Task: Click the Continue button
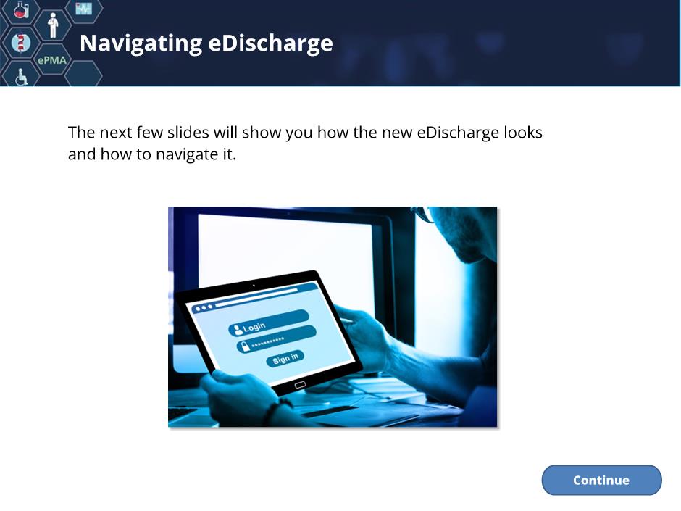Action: (x=601, y=480)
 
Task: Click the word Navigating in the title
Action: (x=141, y=44)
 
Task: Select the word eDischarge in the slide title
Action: (x=270, y=43)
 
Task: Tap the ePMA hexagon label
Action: (x=52, y=60)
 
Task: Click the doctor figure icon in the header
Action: (x=53, y=25)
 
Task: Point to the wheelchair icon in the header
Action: (x=21, y=77)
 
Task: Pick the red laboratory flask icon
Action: (x=20, y=9)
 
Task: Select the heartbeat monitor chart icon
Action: (x=84, y=8)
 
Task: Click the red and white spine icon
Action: (x=20, y=43)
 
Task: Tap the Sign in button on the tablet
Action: (x=285, y=359)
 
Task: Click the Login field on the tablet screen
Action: (x=268, y=323)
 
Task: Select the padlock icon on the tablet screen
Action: (x=245, y=346)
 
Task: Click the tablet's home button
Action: (x=300, y=385)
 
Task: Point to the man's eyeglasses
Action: (x=423, y=214)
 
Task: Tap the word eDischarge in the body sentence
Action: (x=458, y=133)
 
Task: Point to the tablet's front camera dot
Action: (x=254, y=286)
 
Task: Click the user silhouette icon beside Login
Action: (x=238, y=330)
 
